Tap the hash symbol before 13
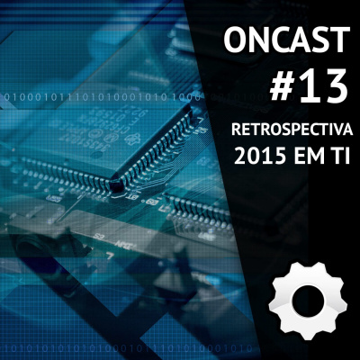click(x=283, y=87)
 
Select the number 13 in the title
click(x=324, y=87)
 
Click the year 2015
click(x=259, y=158)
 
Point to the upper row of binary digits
click(x=99, y=94)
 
